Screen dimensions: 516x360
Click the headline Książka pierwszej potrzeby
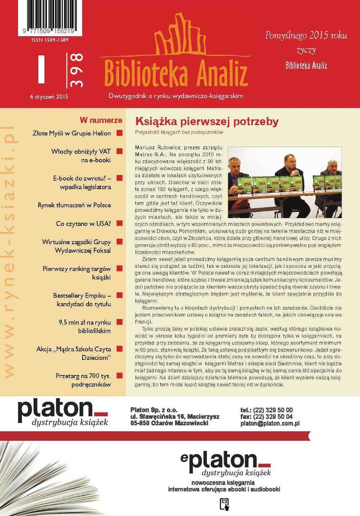click(x=207, y=121)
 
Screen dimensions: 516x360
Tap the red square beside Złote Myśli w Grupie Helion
click(x=120, y=133)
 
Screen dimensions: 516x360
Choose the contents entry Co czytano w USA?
click(x=83, y=224)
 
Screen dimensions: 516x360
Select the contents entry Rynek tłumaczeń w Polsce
click(x=74, y=205)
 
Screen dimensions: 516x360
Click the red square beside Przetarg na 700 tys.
click(x=120, y=376)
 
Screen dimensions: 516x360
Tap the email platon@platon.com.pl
click(x=270, y=423)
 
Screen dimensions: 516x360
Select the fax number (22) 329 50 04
click(x=274, y=416)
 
